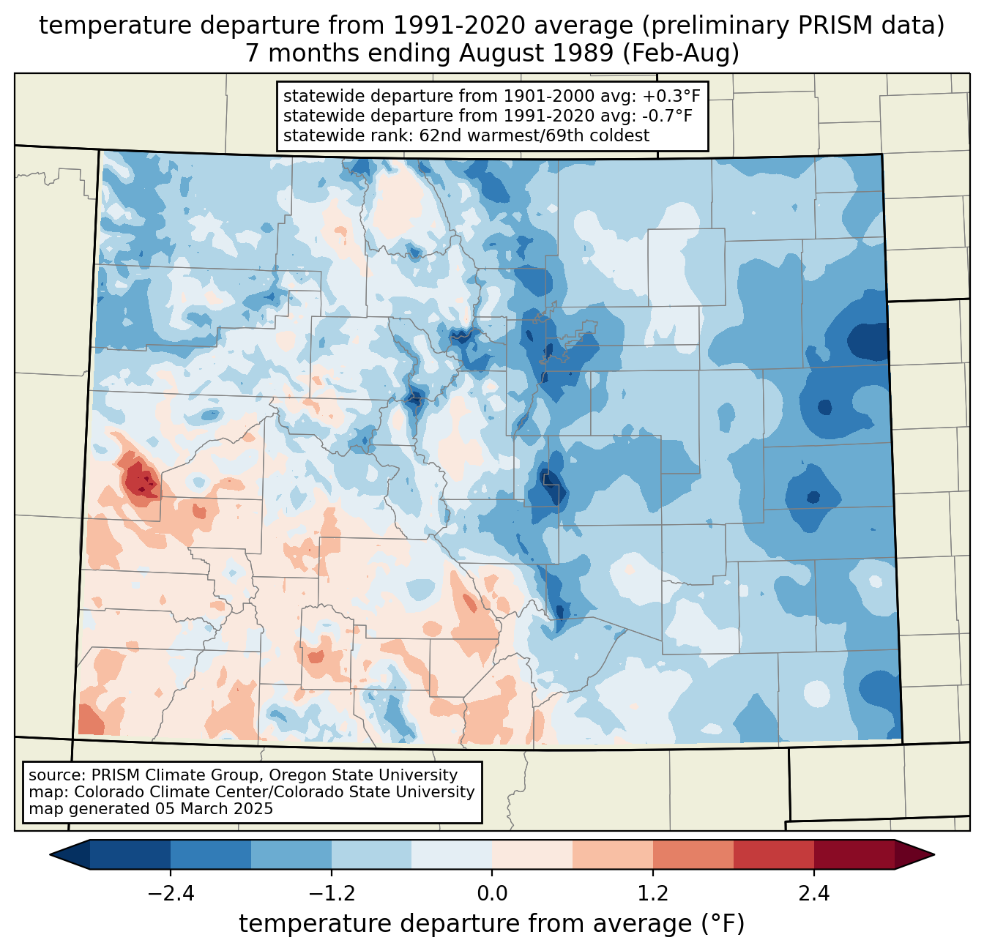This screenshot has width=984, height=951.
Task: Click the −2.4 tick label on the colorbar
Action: (170, 894)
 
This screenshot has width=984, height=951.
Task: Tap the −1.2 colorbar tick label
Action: (331, 894)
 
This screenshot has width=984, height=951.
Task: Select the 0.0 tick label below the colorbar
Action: (492, 894)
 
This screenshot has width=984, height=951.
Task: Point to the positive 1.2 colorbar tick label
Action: (653, 894)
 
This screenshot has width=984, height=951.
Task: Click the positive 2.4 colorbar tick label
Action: (814, 894)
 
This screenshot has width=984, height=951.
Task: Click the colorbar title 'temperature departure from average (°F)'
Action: (492, 924)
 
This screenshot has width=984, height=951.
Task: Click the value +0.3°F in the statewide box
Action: (671, 97)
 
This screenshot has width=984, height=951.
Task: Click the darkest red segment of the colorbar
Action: (854, 854)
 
